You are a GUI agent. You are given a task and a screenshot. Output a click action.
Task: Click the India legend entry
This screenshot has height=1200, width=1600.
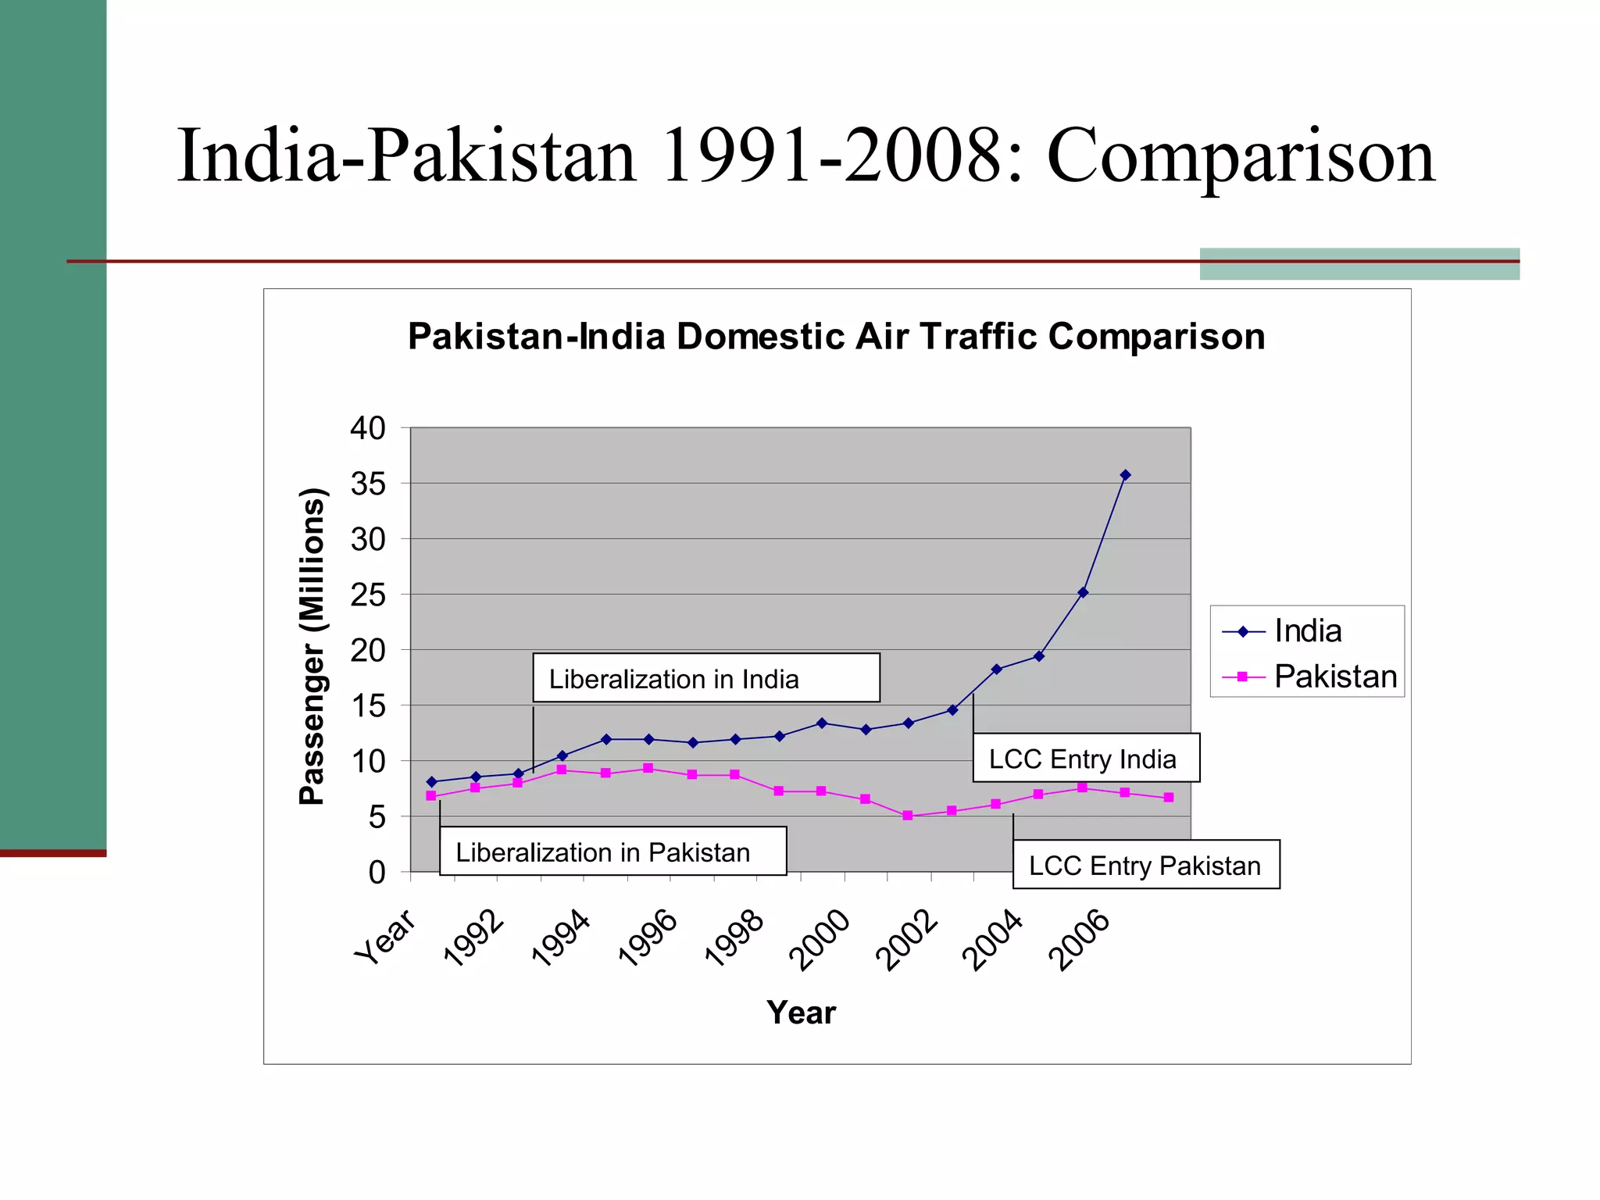(1306, 631)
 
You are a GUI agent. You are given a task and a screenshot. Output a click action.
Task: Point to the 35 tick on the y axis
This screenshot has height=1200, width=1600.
(367, 484)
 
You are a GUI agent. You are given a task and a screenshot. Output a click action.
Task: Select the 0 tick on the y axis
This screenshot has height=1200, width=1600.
(377, 873)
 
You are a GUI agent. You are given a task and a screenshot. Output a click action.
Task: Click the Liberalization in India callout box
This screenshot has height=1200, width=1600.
(705, 678)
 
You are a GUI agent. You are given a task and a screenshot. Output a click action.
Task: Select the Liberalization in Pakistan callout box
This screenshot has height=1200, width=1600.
(612, 852)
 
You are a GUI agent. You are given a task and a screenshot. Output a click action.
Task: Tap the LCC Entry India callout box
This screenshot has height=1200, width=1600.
(1085, 758)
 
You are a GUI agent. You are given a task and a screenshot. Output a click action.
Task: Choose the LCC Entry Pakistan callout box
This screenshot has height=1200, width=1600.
(1145, 865)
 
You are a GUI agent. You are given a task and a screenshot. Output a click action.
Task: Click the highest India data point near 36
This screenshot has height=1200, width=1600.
(1125, 475)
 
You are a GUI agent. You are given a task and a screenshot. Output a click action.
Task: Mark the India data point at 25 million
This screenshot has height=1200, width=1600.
(1082, 592)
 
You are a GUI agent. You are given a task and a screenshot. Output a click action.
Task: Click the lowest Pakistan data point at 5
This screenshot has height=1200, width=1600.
(907, 815)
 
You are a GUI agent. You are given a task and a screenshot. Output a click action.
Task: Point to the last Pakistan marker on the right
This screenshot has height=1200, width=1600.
(1168, 798)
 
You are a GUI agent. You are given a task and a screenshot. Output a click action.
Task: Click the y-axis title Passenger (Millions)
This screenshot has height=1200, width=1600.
(312, 646)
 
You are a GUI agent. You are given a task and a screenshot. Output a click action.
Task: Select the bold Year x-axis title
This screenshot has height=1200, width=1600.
(801, 1012)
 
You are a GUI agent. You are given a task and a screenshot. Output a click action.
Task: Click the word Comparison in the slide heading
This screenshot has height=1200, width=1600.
(1240, 156)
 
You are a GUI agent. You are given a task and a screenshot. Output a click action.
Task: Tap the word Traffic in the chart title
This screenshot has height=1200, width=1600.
(977, 337)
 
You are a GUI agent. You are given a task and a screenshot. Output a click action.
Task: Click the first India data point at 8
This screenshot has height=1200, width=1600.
(431, 781)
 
